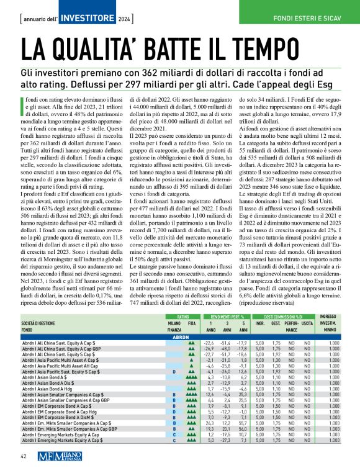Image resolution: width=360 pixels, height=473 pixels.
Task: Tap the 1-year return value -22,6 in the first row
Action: [209, 342]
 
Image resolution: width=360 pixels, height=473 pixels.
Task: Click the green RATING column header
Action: [175, 316]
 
